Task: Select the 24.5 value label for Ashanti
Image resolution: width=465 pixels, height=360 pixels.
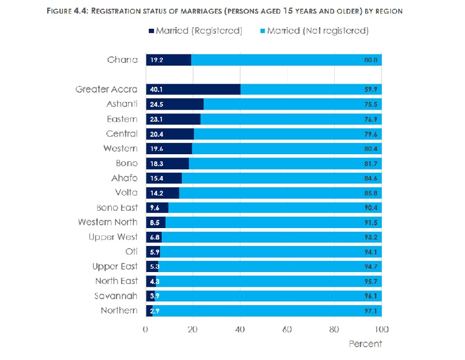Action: [x=157, y=104]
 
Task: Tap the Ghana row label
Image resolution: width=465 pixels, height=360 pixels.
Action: [x=123, y=60]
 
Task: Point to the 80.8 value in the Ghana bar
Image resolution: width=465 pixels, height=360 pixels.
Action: [x=372, y=60]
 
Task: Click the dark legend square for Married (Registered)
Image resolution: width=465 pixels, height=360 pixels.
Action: [x=151, y=31]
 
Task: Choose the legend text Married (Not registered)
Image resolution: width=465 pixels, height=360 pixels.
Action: [x=318, y=31]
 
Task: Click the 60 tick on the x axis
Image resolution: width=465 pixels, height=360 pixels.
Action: [x=287, y=330]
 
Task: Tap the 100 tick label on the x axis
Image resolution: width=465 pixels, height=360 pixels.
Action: [x=381, y=330]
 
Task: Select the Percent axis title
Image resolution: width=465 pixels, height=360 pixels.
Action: [x=365, y=344]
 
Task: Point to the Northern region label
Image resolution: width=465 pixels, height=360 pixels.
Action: [x=119, y=311]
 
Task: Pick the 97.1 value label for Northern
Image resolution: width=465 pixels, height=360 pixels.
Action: [x=372, y=311]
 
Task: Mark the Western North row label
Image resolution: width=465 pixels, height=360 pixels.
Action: [x=107, y=222]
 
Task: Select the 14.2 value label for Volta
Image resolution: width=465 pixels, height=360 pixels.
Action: [x=157, y=193]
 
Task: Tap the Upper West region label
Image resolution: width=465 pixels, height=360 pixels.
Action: [x=113, y=237]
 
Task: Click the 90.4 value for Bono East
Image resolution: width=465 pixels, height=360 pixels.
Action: [x=372, y=207]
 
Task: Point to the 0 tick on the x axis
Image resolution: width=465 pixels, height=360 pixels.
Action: [x=145, y=330]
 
